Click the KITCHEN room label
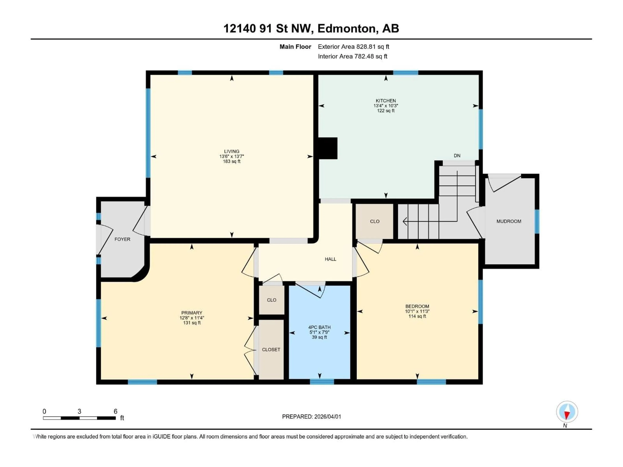click(x=386, y=101)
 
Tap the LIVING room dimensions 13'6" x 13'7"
click(x=232, y=156)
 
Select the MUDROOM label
click(x=509, y=221)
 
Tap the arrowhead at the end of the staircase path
click(x=405, y=221)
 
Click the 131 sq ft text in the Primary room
click(x=192, y=323)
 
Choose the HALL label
click(x=330, y=259)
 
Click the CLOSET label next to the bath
click(x=271, y=349)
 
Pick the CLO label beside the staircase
click(x=375, y=221)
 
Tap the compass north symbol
click(x=567, y=412)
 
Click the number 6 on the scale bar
click(x=116, y=411)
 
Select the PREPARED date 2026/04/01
click(x=311, y=417)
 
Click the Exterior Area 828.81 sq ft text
click(x=354, y=47)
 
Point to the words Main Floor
click(x=295, y=47)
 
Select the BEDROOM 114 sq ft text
click(x=417, y=316)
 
